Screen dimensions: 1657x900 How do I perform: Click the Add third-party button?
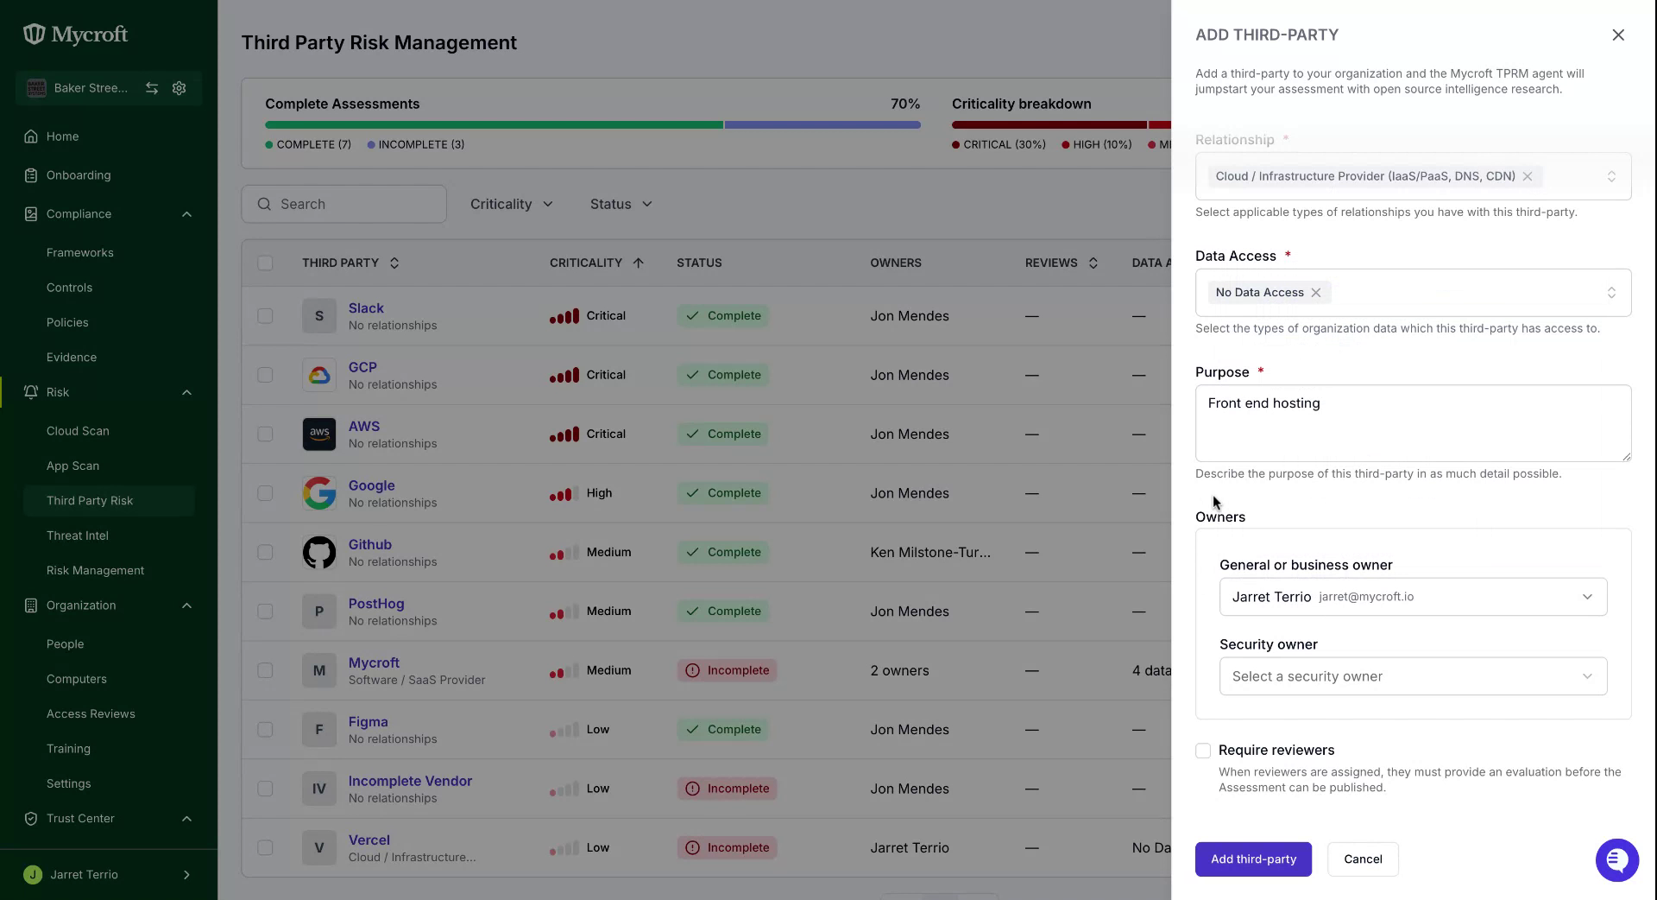1253,859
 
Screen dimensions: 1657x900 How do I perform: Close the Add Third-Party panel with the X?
1618,35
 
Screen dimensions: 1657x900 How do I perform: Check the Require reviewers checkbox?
1203,751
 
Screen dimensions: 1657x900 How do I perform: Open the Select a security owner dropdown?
1413,676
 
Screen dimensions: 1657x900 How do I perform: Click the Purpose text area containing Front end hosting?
1413,423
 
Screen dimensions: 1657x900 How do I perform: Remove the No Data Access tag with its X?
1316,293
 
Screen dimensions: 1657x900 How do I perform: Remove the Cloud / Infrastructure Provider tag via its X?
1528,176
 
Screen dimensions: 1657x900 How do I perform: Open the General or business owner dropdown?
1413,597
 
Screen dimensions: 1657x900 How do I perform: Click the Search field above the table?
343,204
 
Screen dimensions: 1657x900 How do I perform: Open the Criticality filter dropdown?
511,204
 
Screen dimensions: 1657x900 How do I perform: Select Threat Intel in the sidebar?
78,536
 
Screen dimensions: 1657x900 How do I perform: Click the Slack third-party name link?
366,308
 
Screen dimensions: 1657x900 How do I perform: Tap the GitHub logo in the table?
319,553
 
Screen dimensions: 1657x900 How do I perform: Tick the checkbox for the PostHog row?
265,612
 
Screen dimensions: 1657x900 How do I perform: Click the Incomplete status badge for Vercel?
727,848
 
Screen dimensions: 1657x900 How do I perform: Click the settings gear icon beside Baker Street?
180,88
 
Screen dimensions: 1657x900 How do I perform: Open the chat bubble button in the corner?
1617,860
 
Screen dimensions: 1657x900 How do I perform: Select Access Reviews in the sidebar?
91,714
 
